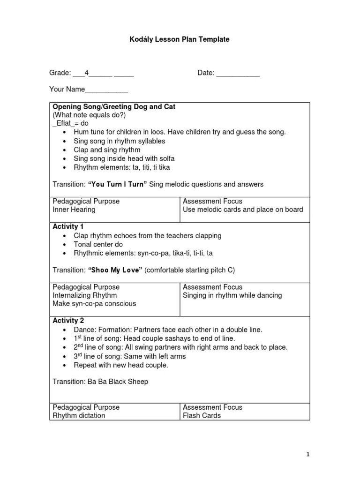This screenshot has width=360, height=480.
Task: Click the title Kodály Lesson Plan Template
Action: point(180,40)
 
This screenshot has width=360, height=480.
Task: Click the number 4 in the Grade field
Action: point(87,73)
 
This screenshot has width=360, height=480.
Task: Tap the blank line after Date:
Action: point(238,74)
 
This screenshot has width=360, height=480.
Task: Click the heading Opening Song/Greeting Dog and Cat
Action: point(114,107)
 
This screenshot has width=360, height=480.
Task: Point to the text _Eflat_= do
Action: point(70,124)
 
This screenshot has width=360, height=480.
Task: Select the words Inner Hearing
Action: point(74,210)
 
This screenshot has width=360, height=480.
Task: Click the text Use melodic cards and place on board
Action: point(243,210)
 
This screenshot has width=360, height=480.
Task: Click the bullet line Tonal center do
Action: point(98,244)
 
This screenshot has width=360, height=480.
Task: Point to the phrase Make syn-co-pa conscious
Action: point(94,304)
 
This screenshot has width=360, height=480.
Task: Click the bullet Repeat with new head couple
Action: point(121,365)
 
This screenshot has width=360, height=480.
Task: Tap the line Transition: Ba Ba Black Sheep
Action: point(100,382)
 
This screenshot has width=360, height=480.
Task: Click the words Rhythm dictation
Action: point(79,415)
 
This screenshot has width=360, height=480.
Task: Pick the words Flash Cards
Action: point(202,415)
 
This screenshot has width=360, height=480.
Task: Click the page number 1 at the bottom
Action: point(308,454)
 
